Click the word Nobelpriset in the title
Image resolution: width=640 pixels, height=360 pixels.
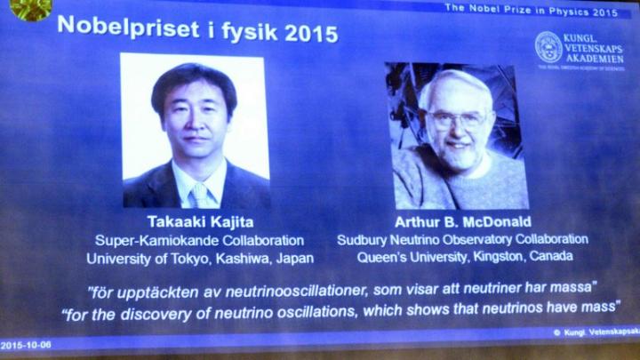click(129, 28)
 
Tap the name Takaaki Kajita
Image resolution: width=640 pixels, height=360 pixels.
click(200, 222)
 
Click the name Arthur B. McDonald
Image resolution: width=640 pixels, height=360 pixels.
click(463, 222)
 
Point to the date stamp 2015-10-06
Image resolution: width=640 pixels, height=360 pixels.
click(26, 345)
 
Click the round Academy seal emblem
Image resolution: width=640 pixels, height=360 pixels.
click(548, 47)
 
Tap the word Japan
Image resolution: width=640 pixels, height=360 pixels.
click(295, 259)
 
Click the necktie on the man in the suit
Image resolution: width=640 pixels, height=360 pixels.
click(200, 196)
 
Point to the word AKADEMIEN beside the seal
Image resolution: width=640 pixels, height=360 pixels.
click(595, 59)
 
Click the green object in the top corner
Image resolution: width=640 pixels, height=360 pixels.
click(30, 9)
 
